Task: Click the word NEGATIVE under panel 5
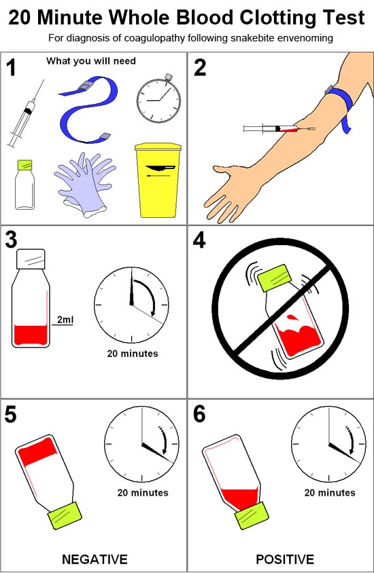click(x=95, y=559)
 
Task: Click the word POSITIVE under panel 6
click(x=285, y=559)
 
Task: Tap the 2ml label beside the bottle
click(x=65, y=320)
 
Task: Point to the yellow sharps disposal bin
click(x=158, y=179)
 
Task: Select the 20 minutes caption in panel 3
click(x=132, y=353)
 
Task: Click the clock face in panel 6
click(x=328, y=444)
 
